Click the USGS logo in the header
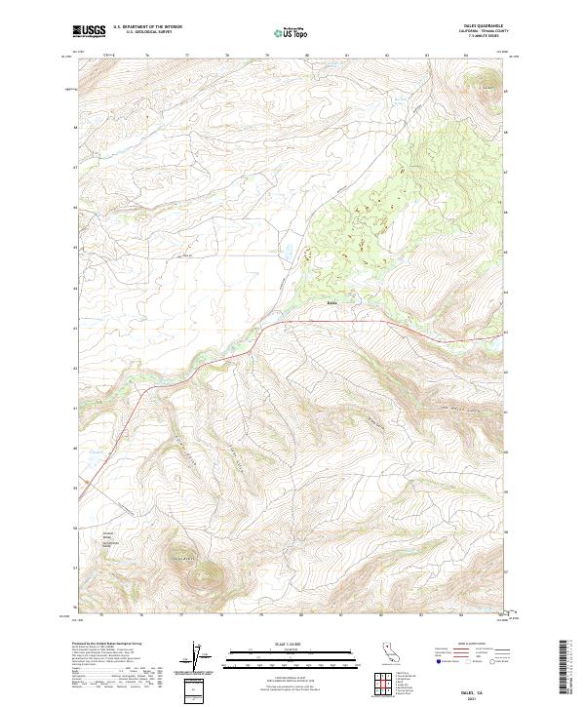(89, 32)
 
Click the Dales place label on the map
(331, 302)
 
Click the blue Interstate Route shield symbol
(434, 663)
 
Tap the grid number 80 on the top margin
(307, 57)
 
